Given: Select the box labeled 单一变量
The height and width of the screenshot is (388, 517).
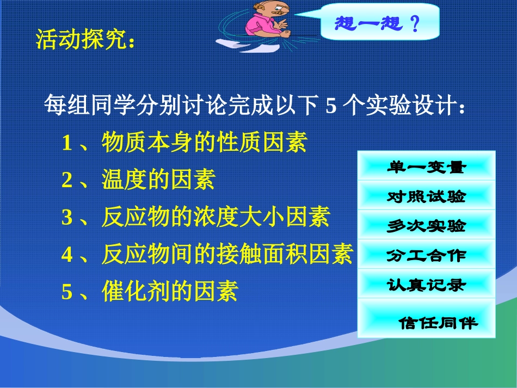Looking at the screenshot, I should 426,167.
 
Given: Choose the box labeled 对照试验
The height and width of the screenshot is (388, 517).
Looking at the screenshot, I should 426,196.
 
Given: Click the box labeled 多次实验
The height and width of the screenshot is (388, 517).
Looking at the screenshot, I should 426,225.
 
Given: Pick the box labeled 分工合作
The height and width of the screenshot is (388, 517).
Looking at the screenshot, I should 426,255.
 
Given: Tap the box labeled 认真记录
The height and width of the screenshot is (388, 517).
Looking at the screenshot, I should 426,284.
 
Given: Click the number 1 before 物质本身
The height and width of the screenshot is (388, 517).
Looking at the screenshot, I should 67,144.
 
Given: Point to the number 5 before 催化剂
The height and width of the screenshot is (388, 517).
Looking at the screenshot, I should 67,293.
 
